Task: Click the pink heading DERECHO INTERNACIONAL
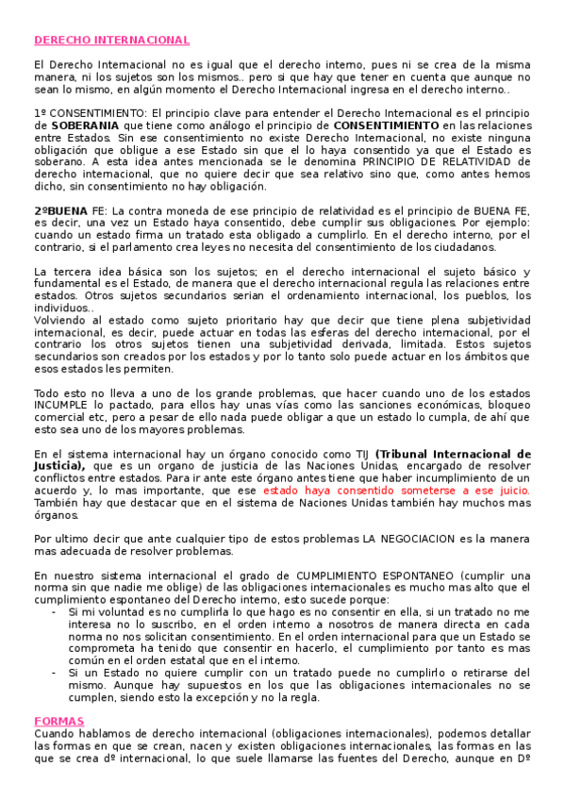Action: pyautogui.click(x=111, y=41)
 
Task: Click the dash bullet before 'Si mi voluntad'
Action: pyautogui.click(x=56, y=612)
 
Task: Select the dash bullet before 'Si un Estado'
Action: pyautogui.click(x=56, y=673)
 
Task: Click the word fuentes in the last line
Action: pyautogui.click(x=378, y=758)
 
